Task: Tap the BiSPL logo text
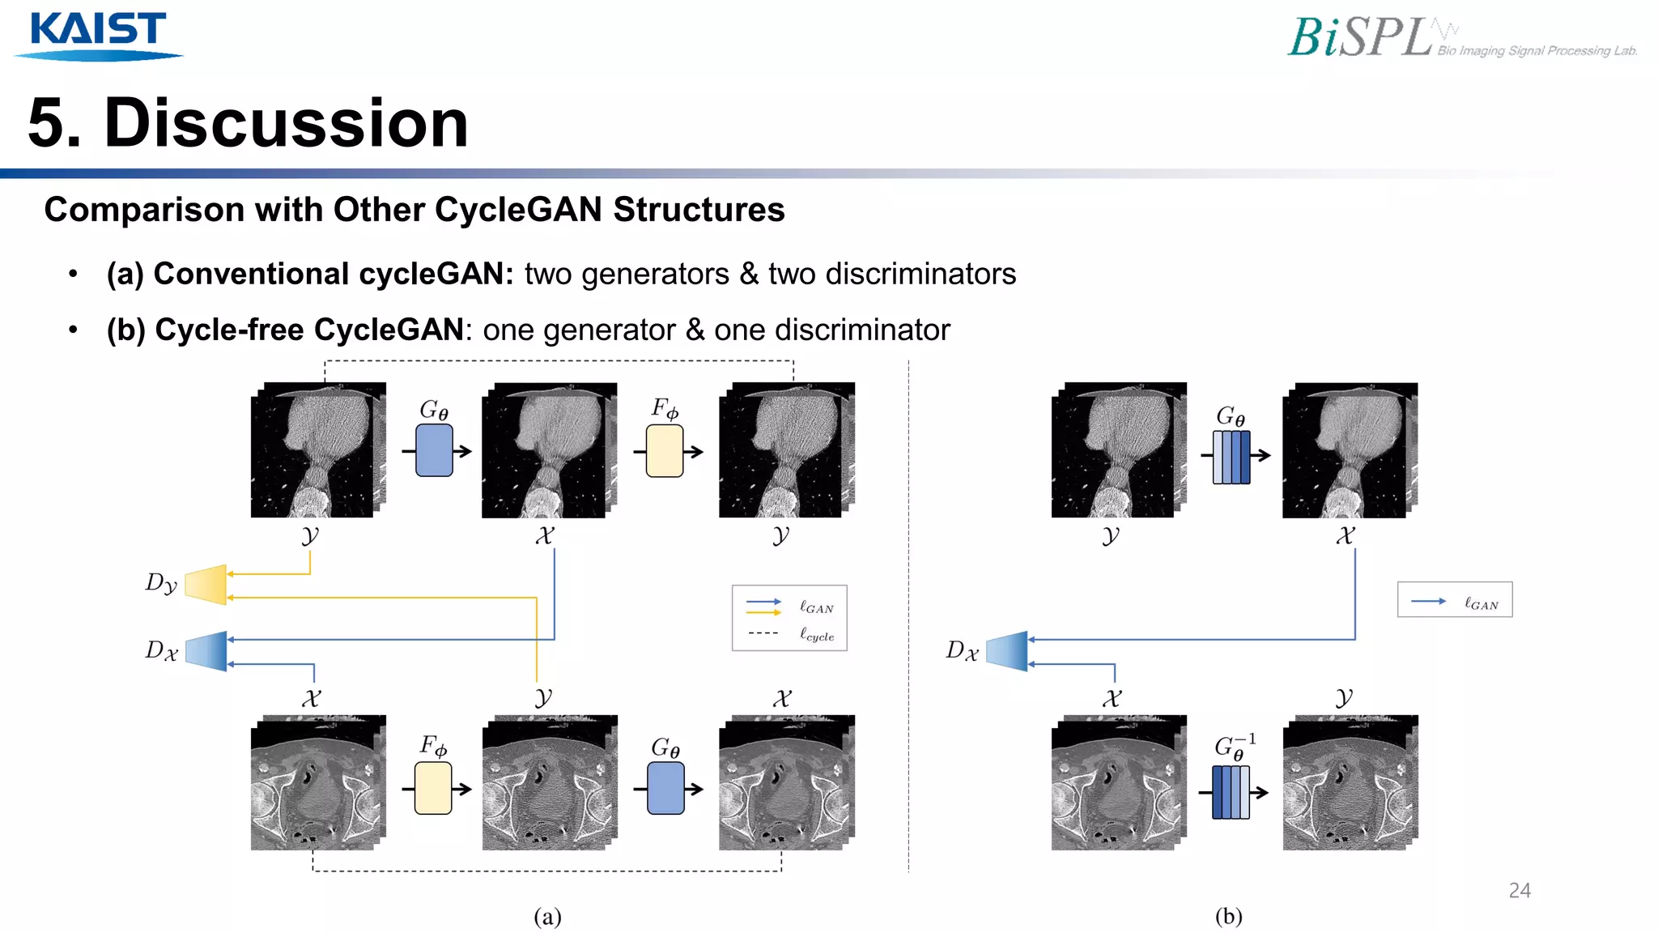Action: click(x=1360, y=38)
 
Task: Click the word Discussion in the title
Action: click(x=286, y=123)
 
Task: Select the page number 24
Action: click(x=1520, y=891)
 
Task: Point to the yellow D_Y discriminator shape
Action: click(x=206, y=585)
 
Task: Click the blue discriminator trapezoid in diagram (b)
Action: click(x=1007, y=651)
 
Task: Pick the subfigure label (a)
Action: click(x=547, y=916)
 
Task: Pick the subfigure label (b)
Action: click(x=1228, y=916)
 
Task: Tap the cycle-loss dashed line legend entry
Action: click(x=790, y=635)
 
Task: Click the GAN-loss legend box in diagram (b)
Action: click(x=1454, y=600)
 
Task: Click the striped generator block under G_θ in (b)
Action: click(x=1231, y=458)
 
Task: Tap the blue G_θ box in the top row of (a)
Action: click(x=434, y=450)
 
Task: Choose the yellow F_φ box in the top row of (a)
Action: click(x=665, y=451)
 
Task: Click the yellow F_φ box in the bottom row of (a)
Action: click(x=433, y=788)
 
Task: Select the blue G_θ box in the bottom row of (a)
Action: click(x=665, y=788)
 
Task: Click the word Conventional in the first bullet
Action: click(x=254, y=275)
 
